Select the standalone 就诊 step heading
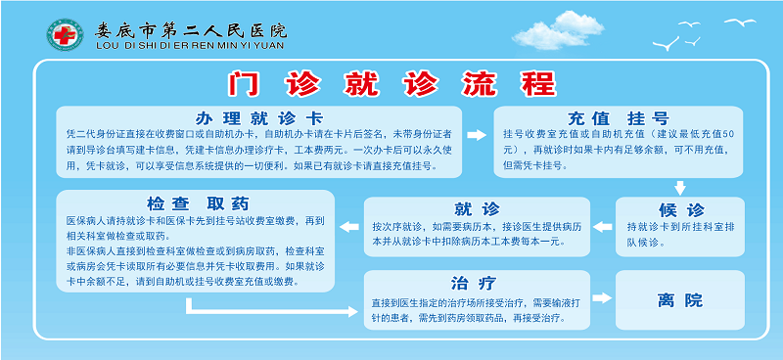coord(478,208)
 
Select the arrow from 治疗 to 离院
coord(602,300)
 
